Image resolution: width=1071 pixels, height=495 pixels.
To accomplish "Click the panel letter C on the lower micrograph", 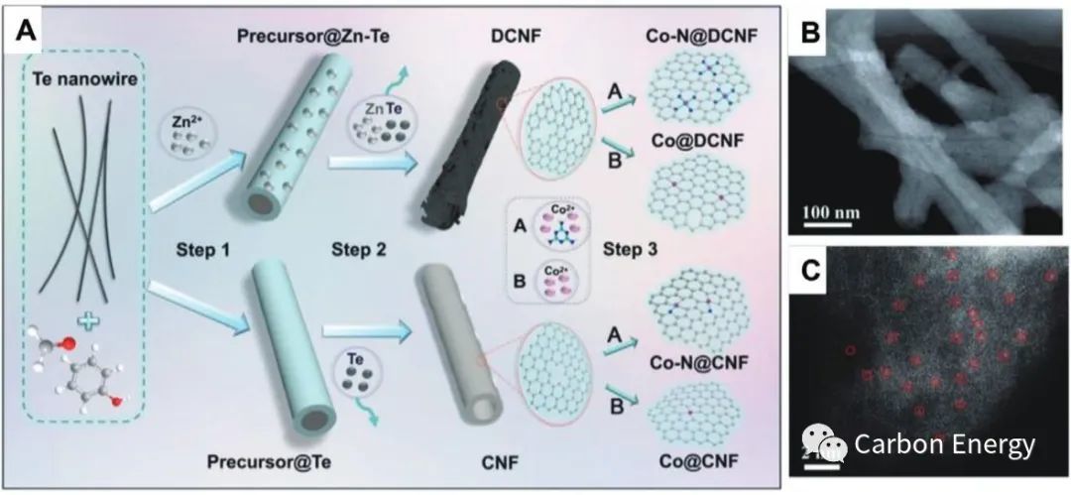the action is click(810, 270).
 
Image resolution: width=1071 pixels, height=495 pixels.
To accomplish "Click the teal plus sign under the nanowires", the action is click(86, 320).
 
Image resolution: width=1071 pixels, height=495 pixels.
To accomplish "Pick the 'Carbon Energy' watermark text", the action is click(944, 445).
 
